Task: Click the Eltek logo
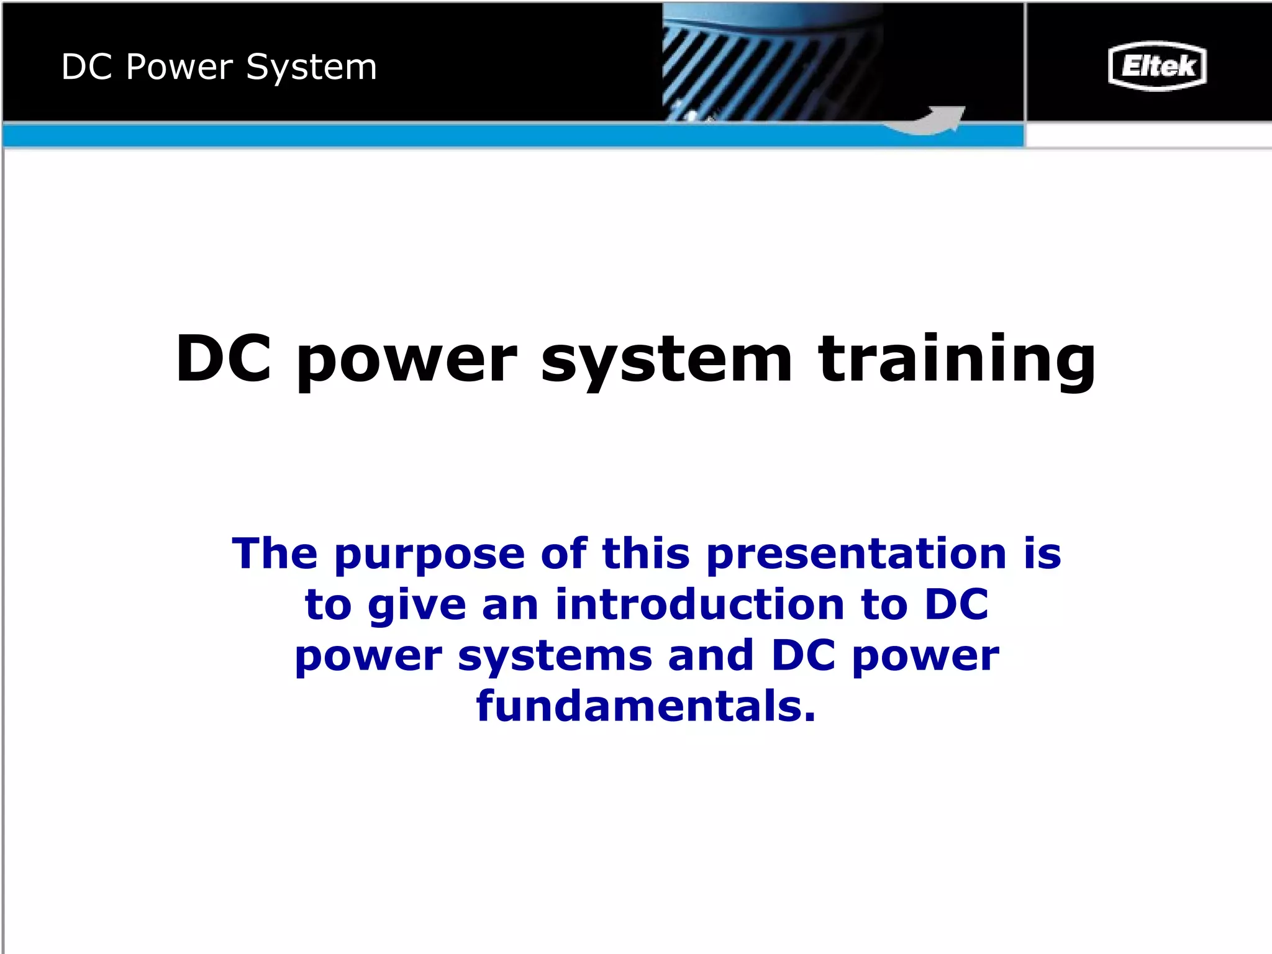coord(1157,66)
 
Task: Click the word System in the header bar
coord(311,67)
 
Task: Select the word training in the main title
coord(957,360)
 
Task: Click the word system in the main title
coord(666,360)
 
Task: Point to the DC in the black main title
coord(224,358)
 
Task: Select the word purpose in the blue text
coord(430,555)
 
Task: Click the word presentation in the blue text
coord(856,555)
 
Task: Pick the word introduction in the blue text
coord(700,604)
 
